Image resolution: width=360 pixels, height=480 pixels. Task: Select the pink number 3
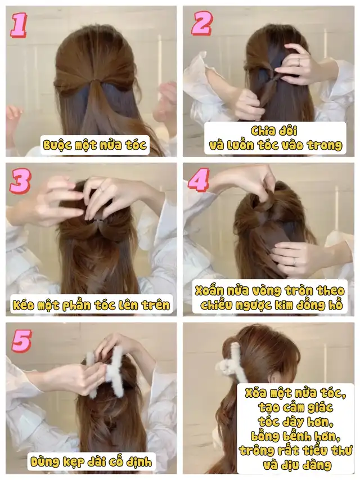20,182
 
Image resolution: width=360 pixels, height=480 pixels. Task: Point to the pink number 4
199,180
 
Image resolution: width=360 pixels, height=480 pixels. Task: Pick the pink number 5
21,340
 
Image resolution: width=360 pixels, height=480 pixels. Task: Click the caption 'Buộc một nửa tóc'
94,145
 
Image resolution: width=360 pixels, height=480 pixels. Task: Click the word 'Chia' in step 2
262,131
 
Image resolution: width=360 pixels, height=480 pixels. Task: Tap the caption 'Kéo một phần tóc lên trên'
91,305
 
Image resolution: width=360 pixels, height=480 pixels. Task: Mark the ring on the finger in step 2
299,61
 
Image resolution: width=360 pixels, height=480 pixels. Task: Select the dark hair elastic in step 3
98,221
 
